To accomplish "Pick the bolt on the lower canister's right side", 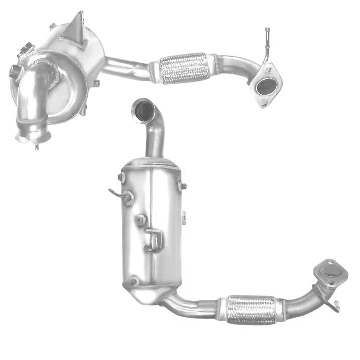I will (x=183, y=186).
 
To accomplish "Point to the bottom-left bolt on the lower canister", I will (x=134, y=281).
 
